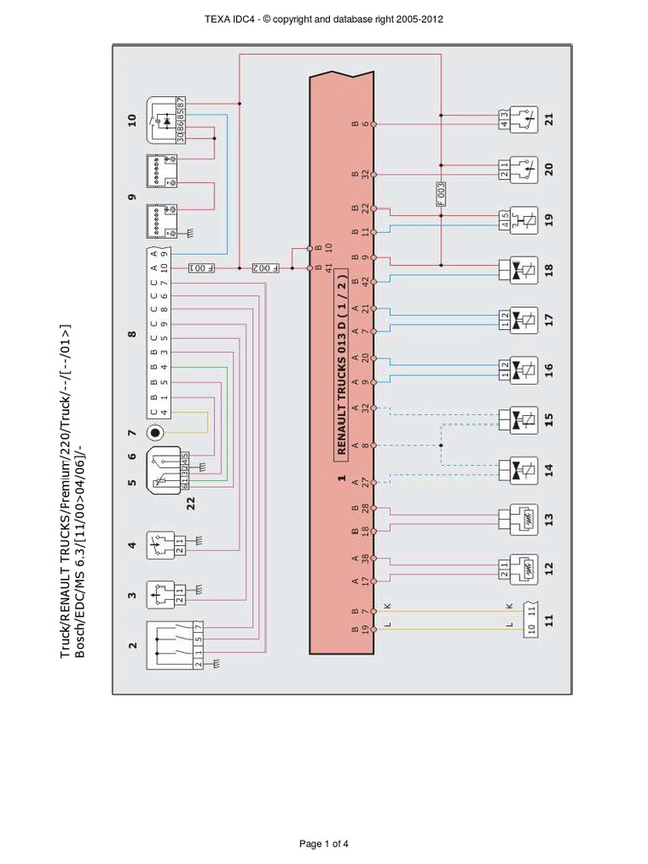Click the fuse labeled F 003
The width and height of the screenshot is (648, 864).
point(441,195)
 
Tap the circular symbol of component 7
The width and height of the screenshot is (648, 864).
point(155,433)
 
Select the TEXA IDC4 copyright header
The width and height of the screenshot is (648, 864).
point(324,19)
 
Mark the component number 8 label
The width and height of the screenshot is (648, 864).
point(132,334)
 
